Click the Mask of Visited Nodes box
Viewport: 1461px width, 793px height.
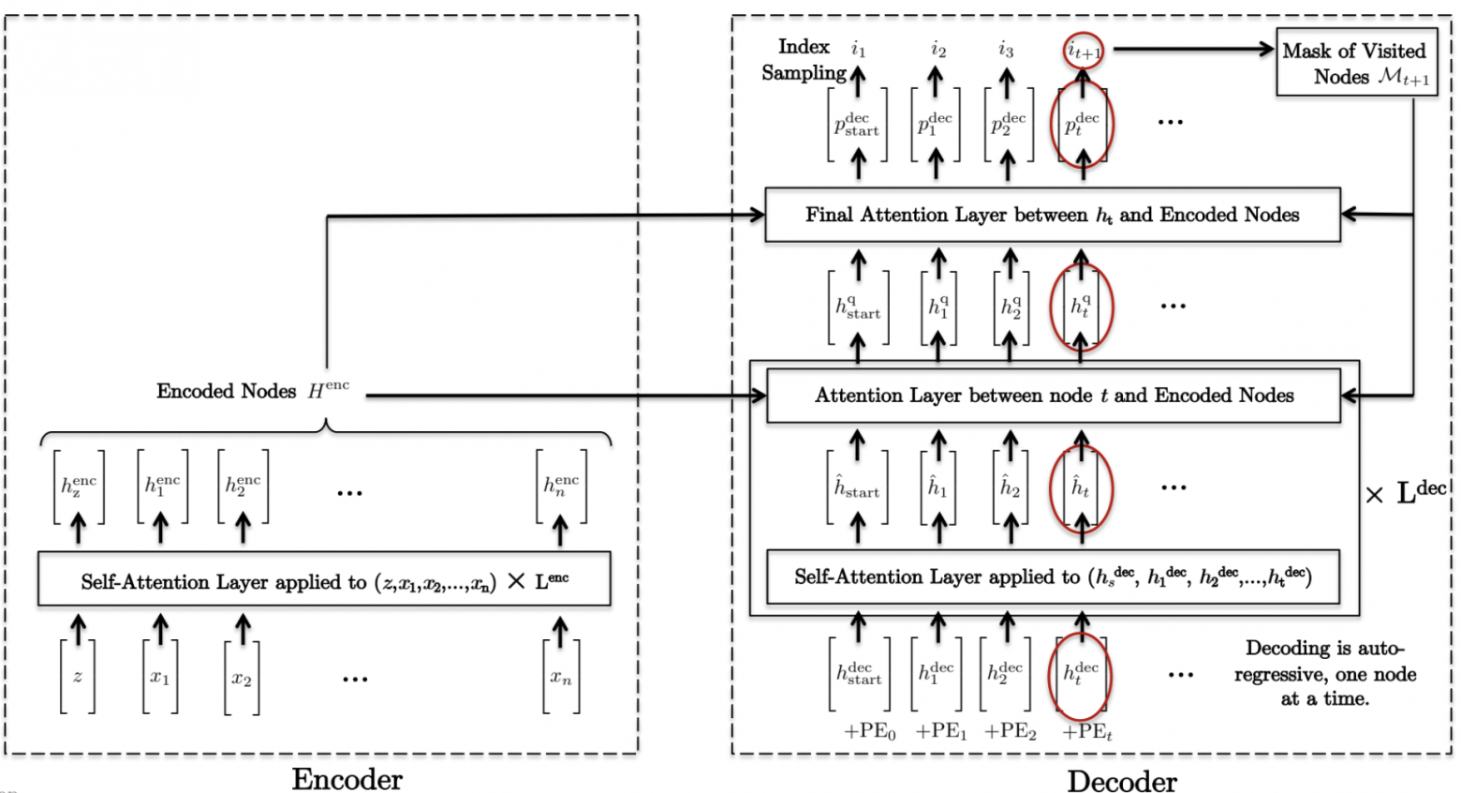(x=1356, y=64)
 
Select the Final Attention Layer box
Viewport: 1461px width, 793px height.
(x=1052, y=215)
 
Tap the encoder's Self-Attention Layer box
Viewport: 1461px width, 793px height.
(x=324, y=581)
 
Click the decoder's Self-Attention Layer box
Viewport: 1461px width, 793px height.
(x=1053, y=576)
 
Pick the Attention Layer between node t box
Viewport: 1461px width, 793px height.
(x=1054, y=396)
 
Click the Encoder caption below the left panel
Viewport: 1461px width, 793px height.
(x=347, y=779)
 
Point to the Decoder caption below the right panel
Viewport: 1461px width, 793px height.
(x=1121, y=781)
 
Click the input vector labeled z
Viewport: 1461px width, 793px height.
(x=78, y=677)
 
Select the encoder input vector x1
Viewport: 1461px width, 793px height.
(x=160, y=677)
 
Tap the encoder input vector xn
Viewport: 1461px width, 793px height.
(x=560, y=677)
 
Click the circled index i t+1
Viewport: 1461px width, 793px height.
(x=1084, y=52)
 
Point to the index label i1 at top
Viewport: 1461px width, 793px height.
(x=858, y=49)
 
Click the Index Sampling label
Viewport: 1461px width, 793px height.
(x=804, y=59)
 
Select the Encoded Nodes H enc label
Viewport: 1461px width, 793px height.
(x=252, y=391)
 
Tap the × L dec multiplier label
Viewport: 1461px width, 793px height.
(x=1406, y=492)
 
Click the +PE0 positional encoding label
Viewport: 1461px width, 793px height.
(x=870, y=732)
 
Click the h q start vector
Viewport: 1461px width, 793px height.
(x=858, y=307)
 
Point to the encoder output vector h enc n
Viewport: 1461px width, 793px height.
(x=561, y=486)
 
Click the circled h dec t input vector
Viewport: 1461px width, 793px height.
(x=1082, y=674)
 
